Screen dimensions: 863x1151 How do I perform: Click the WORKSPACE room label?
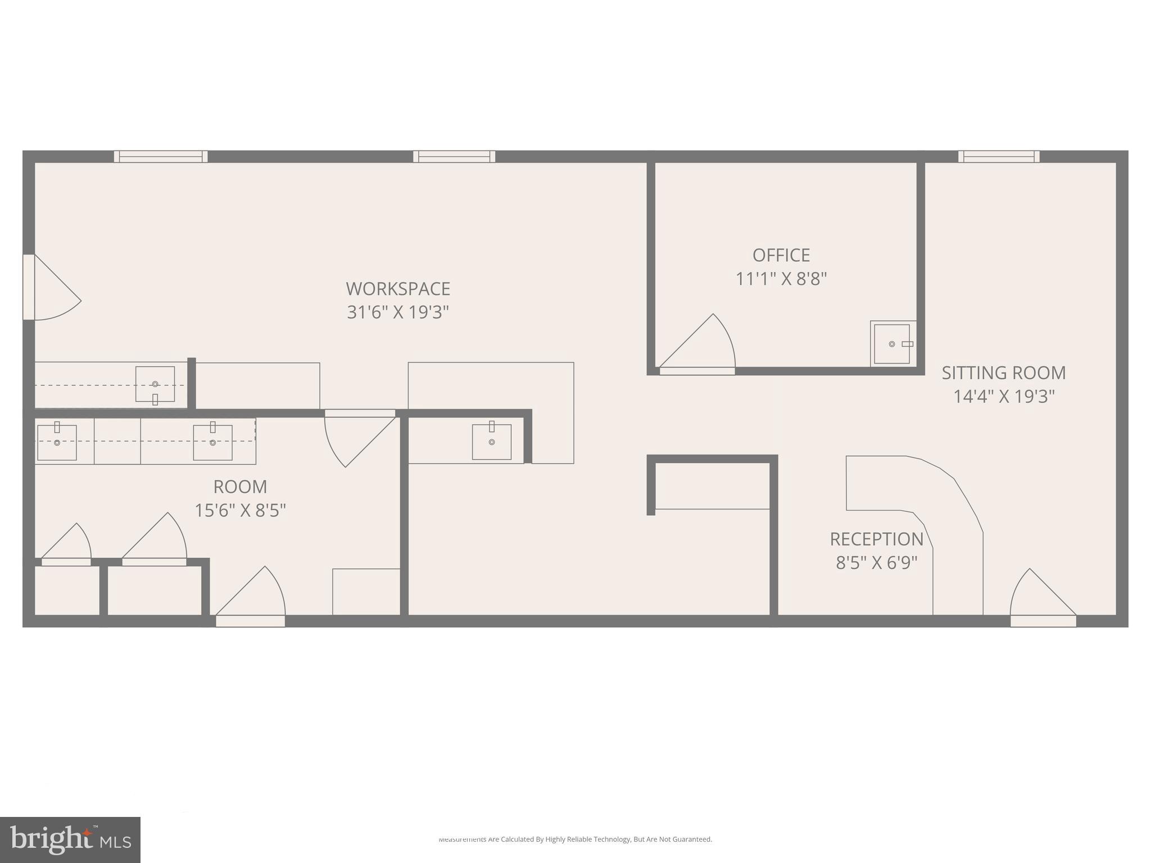tap(398, 289)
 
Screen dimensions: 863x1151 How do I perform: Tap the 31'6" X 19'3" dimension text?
tap(398, 312)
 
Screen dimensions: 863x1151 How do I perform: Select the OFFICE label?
tap(781, 255)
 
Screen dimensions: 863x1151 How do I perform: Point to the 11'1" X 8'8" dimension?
tap(781, 279)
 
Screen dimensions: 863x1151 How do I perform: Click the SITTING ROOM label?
tap(1004, 373)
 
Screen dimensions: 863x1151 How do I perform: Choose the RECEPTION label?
tap(877, 539)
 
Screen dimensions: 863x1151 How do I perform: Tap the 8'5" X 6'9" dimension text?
tap(877, 562)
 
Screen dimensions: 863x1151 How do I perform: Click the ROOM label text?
tap(240, 487)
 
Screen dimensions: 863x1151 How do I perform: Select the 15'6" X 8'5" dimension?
tap(240, 510)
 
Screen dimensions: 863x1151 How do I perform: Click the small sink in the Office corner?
tap(892, 344)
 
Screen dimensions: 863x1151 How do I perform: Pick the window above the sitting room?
tap(999, 157)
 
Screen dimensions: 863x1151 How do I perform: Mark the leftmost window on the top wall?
tap(161, 157)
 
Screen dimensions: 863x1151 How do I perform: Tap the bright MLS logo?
tap(70, 839)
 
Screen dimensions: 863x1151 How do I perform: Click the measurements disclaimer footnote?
tap(575, 839)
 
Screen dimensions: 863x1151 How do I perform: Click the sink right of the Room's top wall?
tap(492, 442)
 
